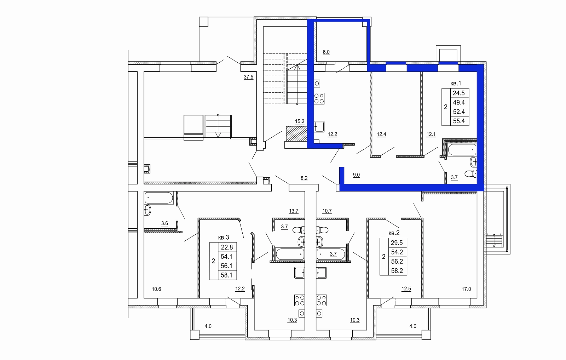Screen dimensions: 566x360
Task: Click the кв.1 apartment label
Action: tap(456, 83)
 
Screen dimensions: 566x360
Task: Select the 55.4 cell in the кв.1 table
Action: tap(459, 121)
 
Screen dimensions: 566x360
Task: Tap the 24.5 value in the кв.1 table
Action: tap(459, 93)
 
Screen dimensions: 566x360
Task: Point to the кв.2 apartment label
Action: tap(394, 233)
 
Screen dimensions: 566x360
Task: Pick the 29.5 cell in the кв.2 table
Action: tap(397, 243)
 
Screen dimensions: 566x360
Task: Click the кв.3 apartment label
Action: tap(223, 238)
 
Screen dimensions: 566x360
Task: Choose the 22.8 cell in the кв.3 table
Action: tap(227, 247)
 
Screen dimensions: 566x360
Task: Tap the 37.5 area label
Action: tap(248, 77)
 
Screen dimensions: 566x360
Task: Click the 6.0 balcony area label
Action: tap(326, 52)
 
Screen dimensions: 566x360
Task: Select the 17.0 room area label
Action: tap(466, 289)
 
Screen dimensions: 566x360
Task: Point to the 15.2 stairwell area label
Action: tap(300, 122)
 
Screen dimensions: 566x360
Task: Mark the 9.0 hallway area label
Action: tap(356, 175)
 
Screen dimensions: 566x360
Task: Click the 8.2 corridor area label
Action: tap(304, 178)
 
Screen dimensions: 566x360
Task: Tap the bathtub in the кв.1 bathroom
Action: tap(462, 150)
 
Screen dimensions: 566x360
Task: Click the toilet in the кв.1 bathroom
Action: tap(471, 174)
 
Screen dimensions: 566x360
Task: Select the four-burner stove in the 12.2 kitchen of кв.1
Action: tap(319, 99)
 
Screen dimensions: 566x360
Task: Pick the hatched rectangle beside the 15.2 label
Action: tap(297, 134)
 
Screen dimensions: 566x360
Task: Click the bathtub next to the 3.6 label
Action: tap(159, 198)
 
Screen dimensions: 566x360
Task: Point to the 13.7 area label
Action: tap(294, 211)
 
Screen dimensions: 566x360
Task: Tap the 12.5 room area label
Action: tap(406, 289)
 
